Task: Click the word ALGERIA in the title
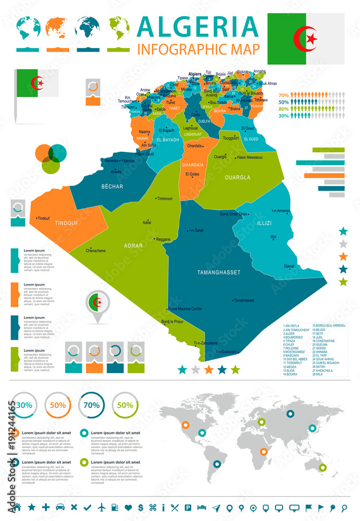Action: (199, 26)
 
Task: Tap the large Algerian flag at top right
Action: (306, 39)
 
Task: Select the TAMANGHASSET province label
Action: (218, 272)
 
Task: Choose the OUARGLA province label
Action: (237, 177)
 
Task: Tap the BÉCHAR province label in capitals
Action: (112, 186)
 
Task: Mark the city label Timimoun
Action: (165, 199)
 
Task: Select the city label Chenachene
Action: (95, 251)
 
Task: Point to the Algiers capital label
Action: (194, 75)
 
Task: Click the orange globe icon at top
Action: (58, 28)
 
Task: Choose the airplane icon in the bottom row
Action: (101, 507)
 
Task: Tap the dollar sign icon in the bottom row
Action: (140, 507)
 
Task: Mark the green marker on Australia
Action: (323, 468)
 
